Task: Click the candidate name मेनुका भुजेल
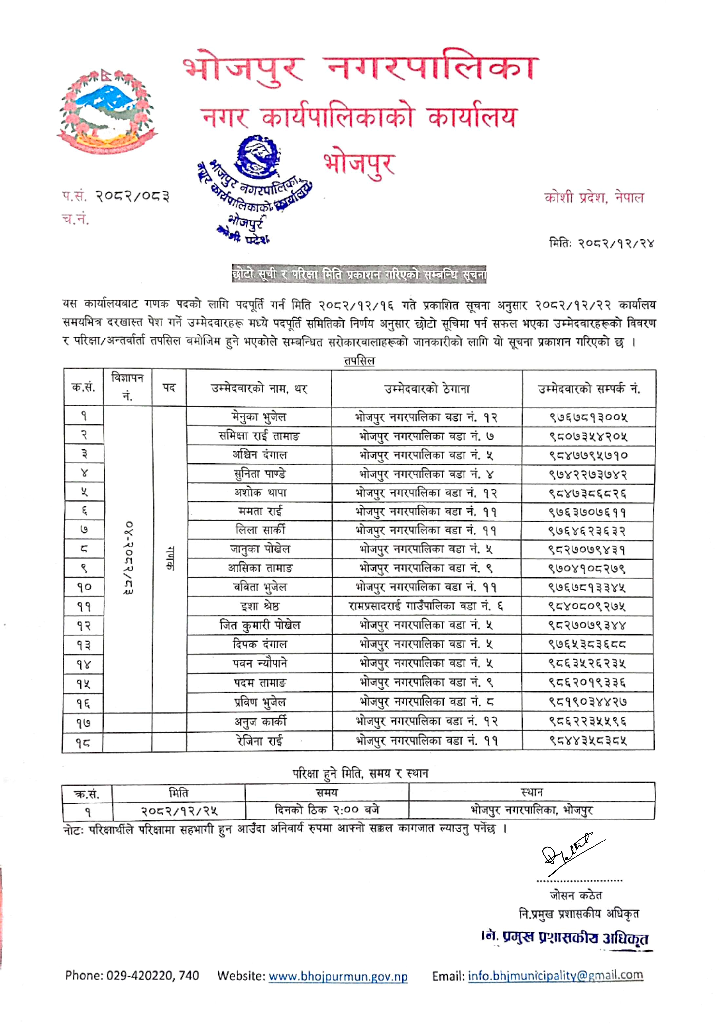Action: [259, 416]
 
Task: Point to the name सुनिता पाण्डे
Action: [260, 474]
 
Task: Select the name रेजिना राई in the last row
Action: [259, 741]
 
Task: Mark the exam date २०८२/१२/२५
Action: [179, 811]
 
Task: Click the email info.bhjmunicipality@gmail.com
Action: [555, 976]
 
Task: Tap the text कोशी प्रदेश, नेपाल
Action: [594, 197]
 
